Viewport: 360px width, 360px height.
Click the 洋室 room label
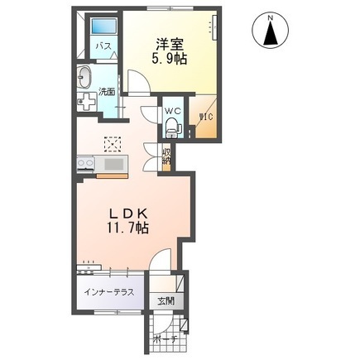(x=170, y=45)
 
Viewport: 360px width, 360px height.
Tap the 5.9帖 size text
(x=170, y=59)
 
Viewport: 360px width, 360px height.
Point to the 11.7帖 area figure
(x=128, y=228)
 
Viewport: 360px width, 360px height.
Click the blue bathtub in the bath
(x=103, y=27)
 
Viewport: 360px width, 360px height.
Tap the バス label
(x=103, y=46)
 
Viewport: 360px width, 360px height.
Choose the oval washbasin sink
(x=84, y=78)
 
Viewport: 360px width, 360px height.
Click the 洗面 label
(x=107, y=92)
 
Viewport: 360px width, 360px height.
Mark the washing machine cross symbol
(x=86, y=101)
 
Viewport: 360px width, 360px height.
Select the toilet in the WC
(x=173, y=127)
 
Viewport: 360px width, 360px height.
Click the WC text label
(x=173, y=111)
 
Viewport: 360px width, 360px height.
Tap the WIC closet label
(x=206, y=117)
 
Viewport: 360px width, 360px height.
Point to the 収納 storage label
(x=166, y=156)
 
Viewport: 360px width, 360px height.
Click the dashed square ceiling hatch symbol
(x=113, y=144)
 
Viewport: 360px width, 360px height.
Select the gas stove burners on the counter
(x=86, y=165)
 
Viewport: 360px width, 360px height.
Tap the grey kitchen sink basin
(x=115, y=165)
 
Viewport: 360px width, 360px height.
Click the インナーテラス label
(x=109, y=292)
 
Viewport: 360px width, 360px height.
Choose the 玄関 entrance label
(x=166, y=301)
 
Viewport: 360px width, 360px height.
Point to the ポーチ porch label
(x=165, y=339)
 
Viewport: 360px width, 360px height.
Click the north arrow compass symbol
(x=271, y=31)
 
